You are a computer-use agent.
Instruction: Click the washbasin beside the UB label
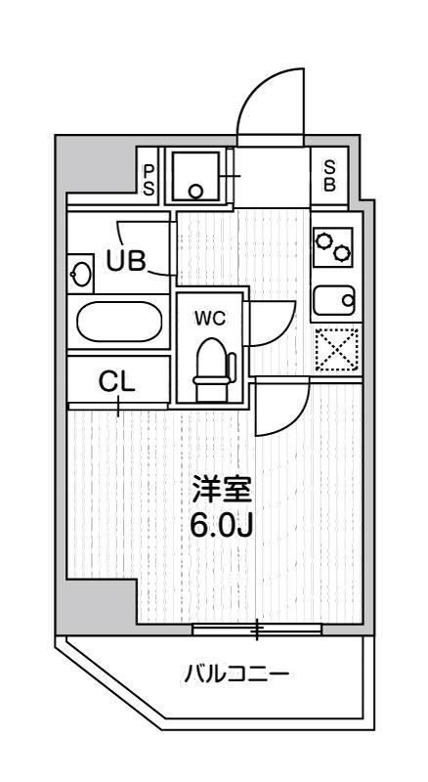click(x=82, y=275)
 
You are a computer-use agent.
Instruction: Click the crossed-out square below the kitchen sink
click(x=337, y=349)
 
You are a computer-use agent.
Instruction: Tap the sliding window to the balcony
click(x=257, y=629)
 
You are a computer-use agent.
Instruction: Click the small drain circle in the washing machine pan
click(x=196, y=192)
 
